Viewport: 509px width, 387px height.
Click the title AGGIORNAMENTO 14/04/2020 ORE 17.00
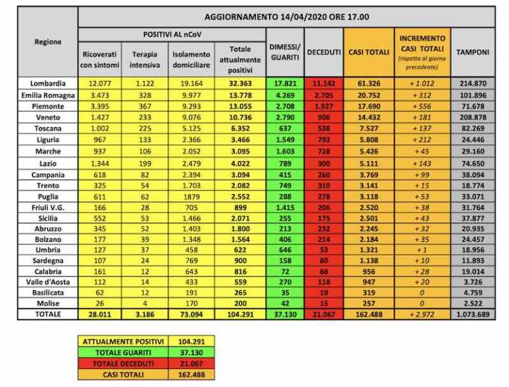click(286, 17)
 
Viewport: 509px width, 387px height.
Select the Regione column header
click(47, 42)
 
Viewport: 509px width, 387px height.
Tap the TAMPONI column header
click(473, 52)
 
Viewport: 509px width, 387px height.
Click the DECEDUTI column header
click(323, 52)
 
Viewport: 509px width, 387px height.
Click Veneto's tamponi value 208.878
click(473, 117)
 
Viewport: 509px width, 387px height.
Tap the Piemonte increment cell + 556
click(422, 105)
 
